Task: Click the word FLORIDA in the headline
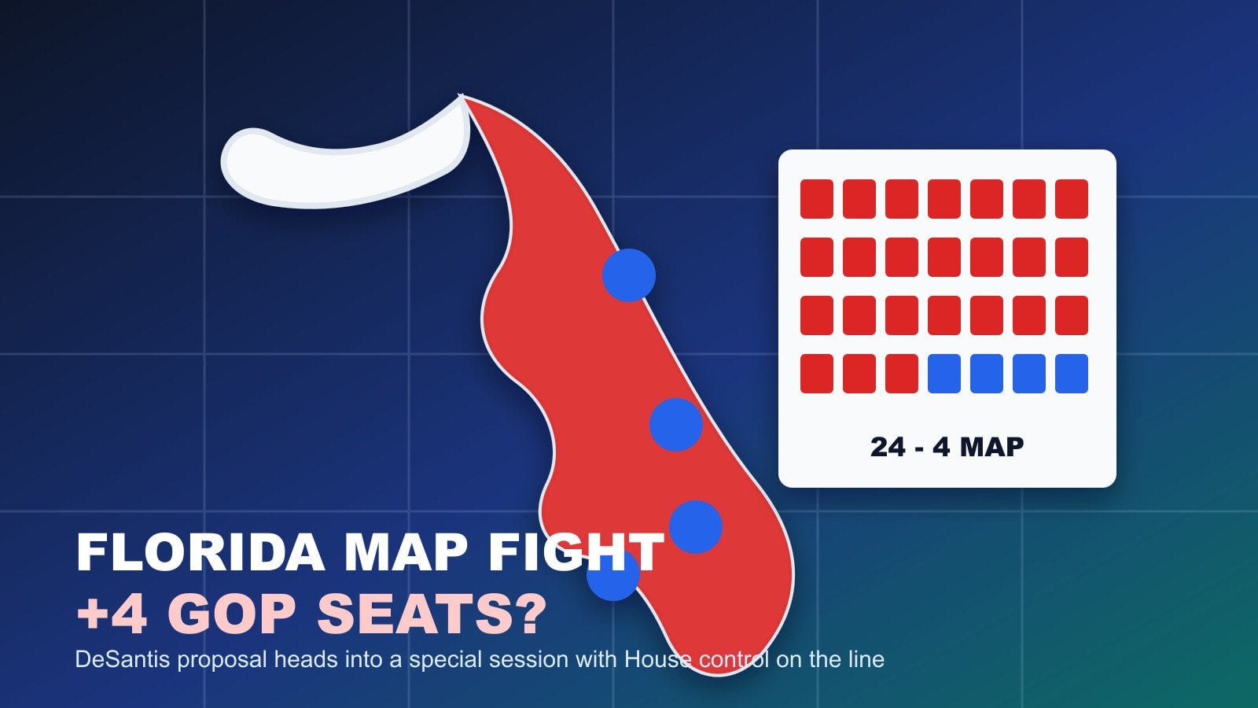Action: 200,552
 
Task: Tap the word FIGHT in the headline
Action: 576,552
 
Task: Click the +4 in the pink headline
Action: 112,614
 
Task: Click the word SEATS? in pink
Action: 431,614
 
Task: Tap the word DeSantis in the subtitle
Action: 122,659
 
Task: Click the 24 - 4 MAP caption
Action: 947,447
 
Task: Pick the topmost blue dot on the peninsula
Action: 629,275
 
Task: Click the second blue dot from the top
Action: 676,425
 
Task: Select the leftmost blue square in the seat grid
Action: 944,374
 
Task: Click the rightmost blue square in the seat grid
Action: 1072,374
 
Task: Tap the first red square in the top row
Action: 817,199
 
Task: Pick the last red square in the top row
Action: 1072,199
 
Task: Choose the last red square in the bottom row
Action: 902,374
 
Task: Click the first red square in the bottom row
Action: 817,374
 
